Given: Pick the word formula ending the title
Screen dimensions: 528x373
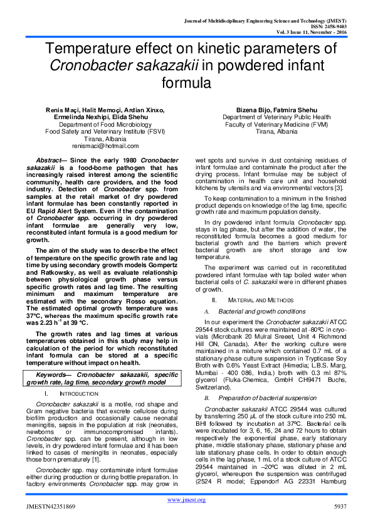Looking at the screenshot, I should (x=186, y=82).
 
